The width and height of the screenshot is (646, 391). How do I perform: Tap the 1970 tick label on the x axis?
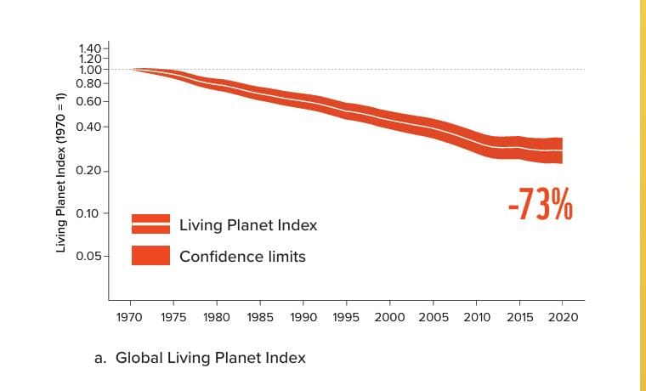[x=129, y=316]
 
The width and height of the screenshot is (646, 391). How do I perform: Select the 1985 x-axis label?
[x=259, y=316]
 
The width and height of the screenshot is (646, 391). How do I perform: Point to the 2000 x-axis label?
[x=389, y=316]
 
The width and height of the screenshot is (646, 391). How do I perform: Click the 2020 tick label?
[x=563, y=316]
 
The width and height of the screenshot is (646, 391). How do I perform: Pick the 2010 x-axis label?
[x=476, y=316]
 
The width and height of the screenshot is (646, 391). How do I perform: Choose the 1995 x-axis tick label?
[x=346, y=316]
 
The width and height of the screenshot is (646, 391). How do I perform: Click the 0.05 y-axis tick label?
[x=88, y=256]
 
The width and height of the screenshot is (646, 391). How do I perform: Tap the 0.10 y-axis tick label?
[x=88, y=212]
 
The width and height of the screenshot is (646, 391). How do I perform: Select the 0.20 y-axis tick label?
[x=88, y=172]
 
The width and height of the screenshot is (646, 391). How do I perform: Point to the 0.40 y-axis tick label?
[x=88, y=127]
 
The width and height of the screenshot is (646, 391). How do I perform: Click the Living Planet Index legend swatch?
[x=150, y=224]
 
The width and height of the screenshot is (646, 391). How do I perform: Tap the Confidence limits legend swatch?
[x=150, y=255]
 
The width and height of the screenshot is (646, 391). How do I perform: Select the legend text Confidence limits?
[x=242, y=256]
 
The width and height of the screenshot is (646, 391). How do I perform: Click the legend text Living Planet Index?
[x=248, y=225]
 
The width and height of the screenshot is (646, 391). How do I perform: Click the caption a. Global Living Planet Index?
[x=200, y=358]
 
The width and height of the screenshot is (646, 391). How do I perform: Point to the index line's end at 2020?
[x=562, y=150]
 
